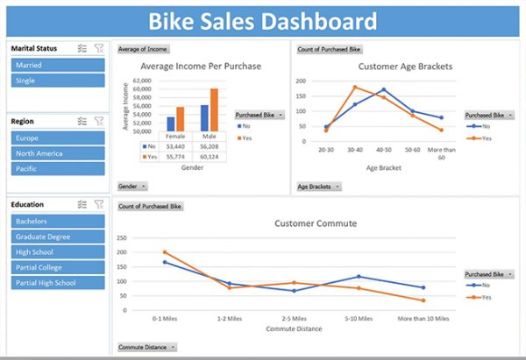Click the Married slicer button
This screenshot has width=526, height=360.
tap(58, 65)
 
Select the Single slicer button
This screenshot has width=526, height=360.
tap(58, 81)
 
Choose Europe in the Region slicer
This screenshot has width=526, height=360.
tap(58, 138)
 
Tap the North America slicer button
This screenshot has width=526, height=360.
tap(58, 153)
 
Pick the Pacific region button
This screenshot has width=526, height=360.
tap(58, 168)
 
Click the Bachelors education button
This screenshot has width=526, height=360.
tap(58, 221)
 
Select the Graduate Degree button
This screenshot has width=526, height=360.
tap(58, 236)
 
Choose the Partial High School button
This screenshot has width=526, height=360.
tap(58, 283)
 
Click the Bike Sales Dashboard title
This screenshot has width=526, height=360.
tap(262, 22)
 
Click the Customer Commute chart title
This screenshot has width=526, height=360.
tap(316, 223)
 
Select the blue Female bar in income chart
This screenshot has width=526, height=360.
tap(170, 124)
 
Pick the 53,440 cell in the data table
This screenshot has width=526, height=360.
tap(175, 146)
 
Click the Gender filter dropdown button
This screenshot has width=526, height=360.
tap(132, 186)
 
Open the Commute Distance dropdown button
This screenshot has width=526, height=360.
tap(146, 347)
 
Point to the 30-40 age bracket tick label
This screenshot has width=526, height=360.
tap(355, 150)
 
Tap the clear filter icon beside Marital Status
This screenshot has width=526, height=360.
tap(98, 49)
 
